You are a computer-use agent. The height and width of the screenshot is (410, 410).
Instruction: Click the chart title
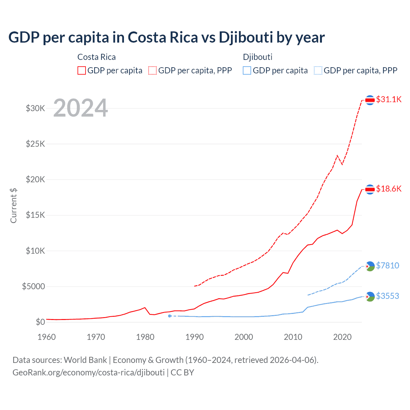167,37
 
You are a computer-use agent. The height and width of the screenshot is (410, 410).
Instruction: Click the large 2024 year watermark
80,108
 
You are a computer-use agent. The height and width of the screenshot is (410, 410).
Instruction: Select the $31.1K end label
389,99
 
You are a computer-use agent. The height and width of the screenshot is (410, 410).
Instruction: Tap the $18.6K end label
389,189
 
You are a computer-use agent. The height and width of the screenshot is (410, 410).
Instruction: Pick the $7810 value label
388,266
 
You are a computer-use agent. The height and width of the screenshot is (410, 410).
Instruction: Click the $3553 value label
388,296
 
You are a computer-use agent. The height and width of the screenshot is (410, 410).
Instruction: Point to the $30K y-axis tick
36,108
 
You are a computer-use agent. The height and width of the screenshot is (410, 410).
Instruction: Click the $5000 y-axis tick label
34,286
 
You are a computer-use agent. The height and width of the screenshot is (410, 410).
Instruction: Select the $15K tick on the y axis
36,215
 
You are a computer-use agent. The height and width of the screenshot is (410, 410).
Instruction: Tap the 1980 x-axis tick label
145,337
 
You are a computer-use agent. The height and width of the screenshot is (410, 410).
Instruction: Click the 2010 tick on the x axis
293,337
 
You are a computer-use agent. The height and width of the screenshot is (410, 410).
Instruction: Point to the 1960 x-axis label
47,337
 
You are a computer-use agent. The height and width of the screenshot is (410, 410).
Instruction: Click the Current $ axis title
13,205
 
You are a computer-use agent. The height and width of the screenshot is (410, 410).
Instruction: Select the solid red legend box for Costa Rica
82,70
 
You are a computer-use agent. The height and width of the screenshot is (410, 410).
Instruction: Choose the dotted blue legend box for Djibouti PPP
318,70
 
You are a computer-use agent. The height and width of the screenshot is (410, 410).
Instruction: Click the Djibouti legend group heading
258,57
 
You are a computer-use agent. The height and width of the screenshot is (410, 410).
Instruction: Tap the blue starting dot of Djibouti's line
169,316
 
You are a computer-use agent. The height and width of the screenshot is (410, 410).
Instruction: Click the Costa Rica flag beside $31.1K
370,100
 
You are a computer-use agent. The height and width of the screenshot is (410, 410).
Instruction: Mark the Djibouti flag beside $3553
370,297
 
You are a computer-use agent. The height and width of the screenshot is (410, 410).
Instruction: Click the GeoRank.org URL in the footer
88,373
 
